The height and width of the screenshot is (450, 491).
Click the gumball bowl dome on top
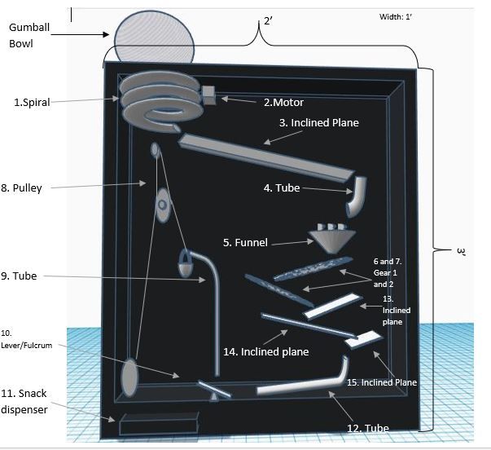[x=154, y=37]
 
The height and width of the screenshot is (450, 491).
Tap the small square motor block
[x=209, y=95]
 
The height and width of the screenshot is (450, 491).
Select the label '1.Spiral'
[x=32, y=102]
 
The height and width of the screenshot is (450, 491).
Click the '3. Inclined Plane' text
[x=318, y=122]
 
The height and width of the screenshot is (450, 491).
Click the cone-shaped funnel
[x=332, y=238]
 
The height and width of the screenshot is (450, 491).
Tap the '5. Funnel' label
[x=245, y=242]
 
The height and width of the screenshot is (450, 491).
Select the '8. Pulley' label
[x=21, y=187]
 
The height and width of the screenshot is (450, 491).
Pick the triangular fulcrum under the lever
[x=214, y=397]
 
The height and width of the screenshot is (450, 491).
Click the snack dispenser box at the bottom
[x=159, y=423]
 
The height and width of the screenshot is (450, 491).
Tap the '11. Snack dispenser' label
[x=24, y=401]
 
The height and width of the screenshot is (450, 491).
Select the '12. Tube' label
[x=368, y=428]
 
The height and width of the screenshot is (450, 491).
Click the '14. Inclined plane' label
[x=265, y=352]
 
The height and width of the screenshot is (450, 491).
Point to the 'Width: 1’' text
[x=395, y=17]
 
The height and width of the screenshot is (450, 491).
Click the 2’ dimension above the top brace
[x=268, y=21]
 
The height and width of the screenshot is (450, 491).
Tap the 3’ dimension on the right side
[x=461, y=252]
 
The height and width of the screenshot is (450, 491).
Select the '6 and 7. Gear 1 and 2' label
[x=388, y=273]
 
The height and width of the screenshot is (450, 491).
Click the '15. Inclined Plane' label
[x=382, y=382]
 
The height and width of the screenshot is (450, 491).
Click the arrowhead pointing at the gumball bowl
[x=106, y=34]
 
